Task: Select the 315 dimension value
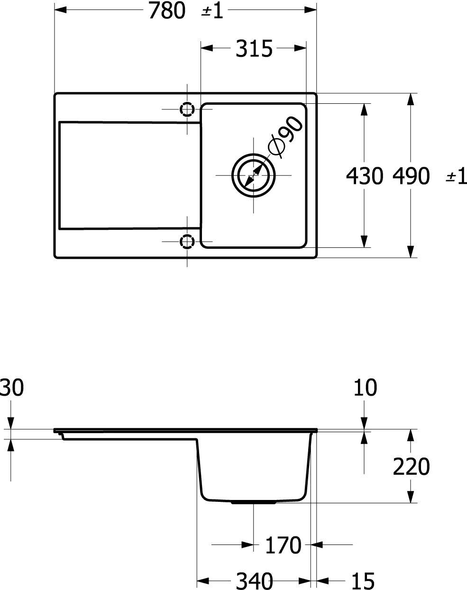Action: click(254, 48)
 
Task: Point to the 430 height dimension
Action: click(364, 177)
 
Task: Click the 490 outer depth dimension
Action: click(411, 177)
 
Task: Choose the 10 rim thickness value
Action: click(366, 388)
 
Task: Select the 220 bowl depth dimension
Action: click(411, 467)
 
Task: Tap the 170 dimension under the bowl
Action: click(283, 545)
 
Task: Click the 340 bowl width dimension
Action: click(254, 580)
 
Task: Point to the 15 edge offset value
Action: click(364, 580)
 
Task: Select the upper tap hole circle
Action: click(187, 109)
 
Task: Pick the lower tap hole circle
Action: click(187, 242)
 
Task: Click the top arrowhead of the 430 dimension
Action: click(364, 109)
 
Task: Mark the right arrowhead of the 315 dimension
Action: click(300, 48)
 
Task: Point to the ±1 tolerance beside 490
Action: click(456, 177)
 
